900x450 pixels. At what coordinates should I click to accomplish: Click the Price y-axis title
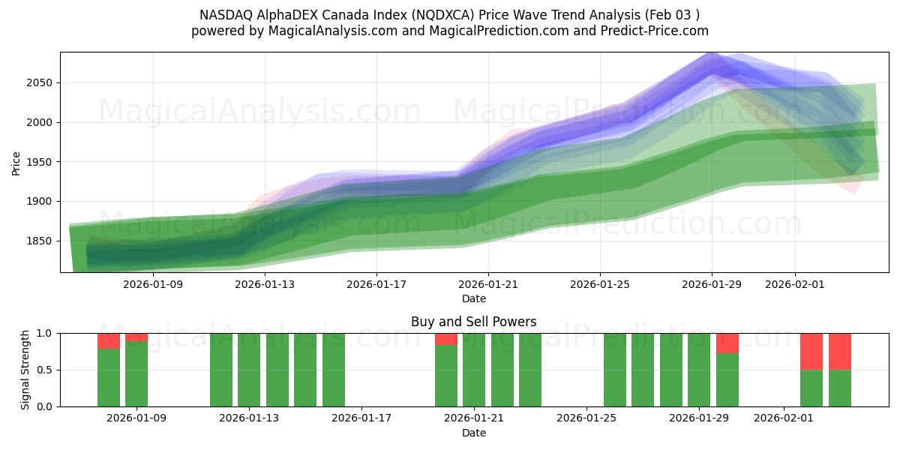point(16,162)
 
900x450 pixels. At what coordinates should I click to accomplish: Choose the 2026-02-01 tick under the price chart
point(795,284)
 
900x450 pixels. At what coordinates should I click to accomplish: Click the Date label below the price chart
point(474,298)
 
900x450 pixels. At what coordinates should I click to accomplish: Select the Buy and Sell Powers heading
point(474,322)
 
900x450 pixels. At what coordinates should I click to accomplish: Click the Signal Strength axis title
point(25,369)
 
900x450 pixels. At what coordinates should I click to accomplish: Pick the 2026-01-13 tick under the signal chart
point(249,418)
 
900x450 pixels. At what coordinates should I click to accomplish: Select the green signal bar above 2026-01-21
point(474,370)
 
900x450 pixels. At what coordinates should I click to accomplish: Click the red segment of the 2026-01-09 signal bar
point(136,337)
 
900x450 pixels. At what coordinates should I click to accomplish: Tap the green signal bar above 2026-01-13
point(249,370)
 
